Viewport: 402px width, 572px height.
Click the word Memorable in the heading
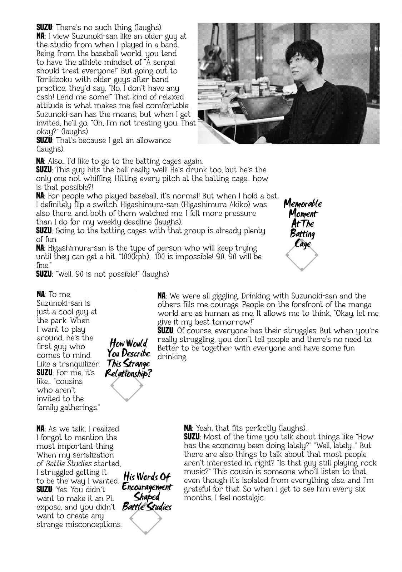click(303, 204)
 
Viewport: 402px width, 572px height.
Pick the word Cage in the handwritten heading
click(303, 244)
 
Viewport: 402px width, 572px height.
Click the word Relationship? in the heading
click(128, 374)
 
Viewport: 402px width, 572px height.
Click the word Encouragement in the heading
click(147, 487)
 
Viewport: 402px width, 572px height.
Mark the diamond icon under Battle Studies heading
click(146, 519)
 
